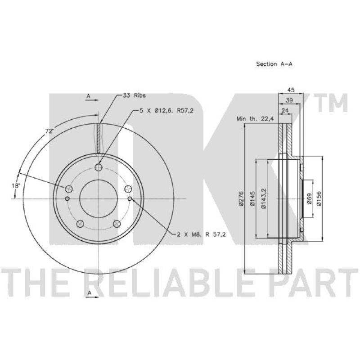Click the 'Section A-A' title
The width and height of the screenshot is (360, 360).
pyautogui.click(x=274, y=64)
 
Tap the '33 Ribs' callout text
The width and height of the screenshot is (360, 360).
pyautogui.click(x=134, y=95)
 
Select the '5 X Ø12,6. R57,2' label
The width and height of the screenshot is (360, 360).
pyautogui.click(x=166, y=111)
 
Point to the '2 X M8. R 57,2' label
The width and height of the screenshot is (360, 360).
pyautogui.click(x=201, y=234)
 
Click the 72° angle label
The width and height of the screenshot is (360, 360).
pyautogui.click(x=49, y=131)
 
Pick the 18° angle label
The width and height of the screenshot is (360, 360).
pyautogui.click(x=16, y=185)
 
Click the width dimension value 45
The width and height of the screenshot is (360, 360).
pyautogui.click(x=291, y=90)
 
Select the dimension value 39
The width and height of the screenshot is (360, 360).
pyautogui.click(x=289, y=100)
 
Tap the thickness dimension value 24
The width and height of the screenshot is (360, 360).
pyautogui.click(x=285, y=111)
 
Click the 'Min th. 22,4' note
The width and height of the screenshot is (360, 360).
pyautogui.click(x=255, y=119)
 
